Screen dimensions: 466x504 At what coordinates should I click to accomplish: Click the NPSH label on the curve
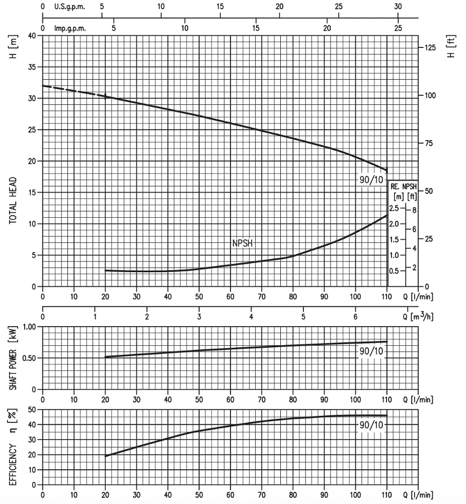coord(242,243)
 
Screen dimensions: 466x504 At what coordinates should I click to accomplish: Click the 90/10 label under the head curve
coord(371,180)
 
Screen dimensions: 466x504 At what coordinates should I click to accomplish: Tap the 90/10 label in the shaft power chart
coord(371,351)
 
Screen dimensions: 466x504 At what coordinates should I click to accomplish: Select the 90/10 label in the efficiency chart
coord(371,425)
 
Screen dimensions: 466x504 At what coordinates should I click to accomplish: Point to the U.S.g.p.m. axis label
coord(69,7)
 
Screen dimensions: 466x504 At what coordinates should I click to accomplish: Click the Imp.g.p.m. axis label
coord(70,28)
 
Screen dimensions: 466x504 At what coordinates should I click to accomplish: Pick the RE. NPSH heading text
coord(404,186)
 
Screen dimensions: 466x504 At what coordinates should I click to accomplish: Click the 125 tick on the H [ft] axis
coord(430,48)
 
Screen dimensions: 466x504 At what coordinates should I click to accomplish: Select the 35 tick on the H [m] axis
coord(32,67)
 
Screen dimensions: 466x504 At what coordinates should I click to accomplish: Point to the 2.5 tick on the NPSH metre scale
coord(394,208)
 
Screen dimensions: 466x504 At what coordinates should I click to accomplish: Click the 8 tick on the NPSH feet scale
coord(414,210)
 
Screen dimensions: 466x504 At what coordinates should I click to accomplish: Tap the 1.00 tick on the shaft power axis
coord(30,327)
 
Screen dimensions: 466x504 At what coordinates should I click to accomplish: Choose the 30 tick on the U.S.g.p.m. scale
coord(398,7)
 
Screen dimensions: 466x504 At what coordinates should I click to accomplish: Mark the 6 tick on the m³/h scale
coord(355,317)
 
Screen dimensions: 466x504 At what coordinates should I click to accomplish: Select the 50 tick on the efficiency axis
coord(32,409)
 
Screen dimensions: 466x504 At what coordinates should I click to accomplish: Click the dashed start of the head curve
coord(74,91)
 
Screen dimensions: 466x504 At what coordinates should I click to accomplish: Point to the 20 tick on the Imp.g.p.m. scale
coord(327,28)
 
